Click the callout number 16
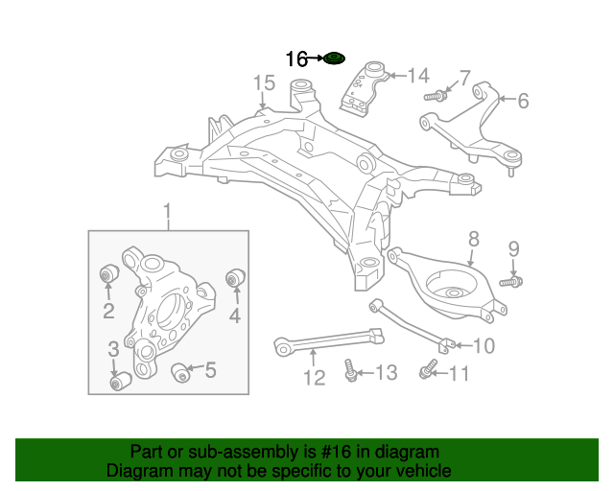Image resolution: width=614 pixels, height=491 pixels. [296, 59]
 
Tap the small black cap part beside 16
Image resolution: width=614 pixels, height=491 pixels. [333, 59]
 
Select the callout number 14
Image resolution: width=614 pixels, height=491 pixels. [418, 76]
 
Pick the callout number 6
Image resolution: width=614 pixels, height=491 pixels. [523, 101]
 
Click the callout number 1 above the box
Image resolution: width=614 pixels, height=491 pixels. [168, 211]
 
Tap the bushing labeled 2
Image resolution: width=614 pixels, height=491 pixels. [108, 276]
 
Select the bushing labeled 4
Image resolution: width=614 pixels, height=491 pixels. [234, 278]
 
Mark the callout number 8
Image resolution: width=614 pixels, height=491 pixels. [473, 240]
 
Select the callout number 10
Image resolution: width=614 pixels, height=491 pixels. [484, 345]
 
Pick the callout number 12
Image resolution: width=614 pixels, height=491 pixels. [315, 378]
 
